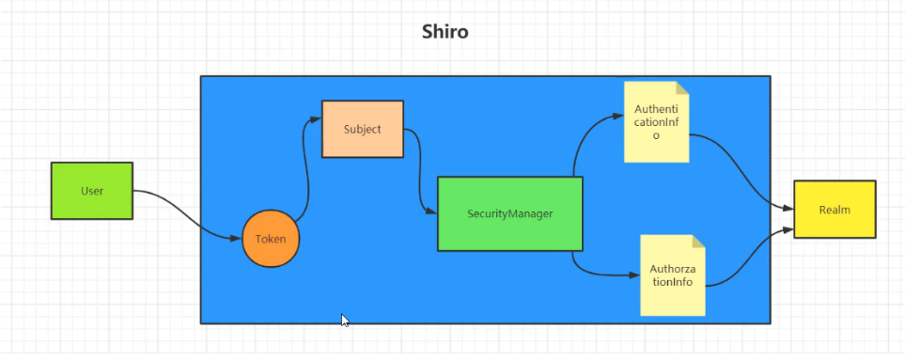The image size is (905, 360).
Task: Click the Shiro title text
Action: pyautogui.click(x=445, y=31)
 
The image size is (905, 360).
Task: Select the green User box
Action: pyautogui.click(x=92, y=191)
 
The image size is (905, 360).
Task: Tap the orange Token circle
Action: pyautogui.click(x=271, y=239)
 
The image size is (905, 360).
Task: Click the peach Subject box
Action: pyautogui.click(x=363, y=129)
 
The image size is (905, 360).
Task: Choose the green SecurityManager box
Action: pyautogui.click(x=510, y=214)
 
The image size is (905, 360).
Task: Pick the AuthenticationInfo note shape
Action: pyautogui.click(x=657, y=122)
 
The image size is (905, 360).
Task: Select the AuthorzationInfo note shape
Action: pyautogui.click(x=673, y=275)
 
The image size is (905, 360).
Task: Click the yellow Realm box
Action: pyautogui.click(x=835, y=210)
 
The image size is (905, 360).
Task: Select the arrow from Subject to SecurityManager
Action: pyautogui.click(x=419, y=173)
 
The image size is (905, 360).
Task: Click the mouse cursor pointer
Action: pyautogui.click(x=345, y=321)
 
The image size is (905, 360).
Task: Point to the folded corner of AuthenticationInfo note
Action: pyautogui.click(x=683, y=87)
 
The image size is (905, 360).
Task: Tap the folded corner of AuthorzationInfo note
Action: pyautogui.click(x=699, y=242)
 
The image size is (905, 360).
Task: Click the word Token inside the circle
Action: pyautogui.click(x=271, y=239)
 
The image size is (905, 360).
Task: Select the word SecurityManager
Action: pyautogui.click(x=510, y=214)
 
